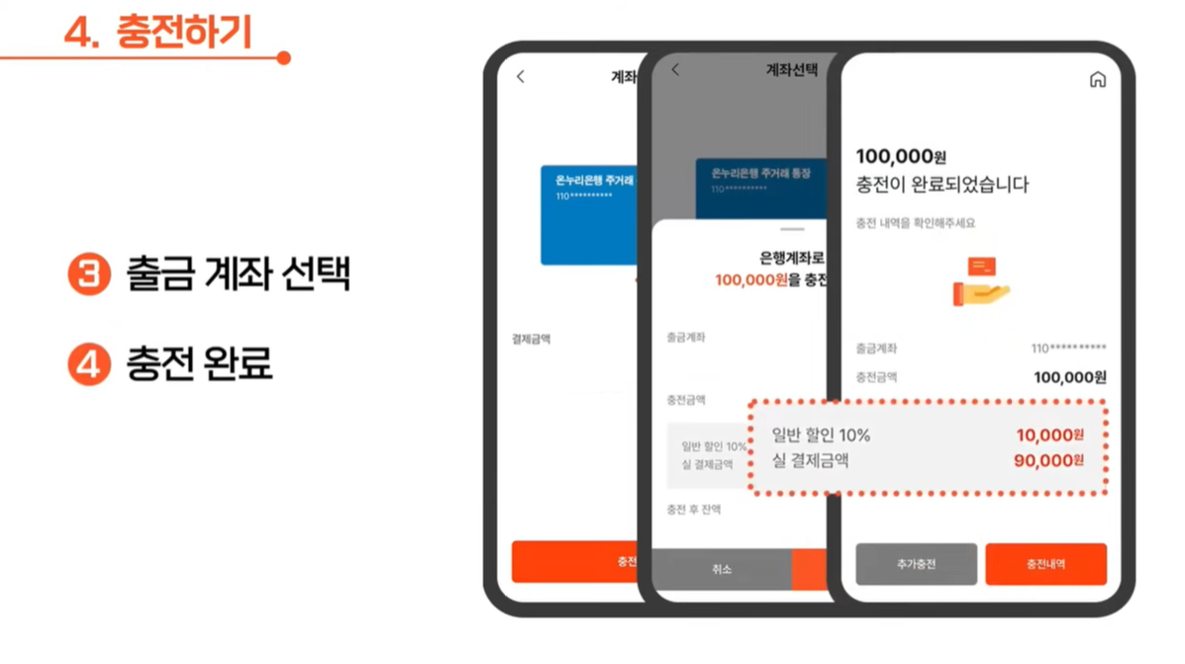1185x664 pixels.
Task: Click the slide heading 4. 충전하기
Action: pos(158,32)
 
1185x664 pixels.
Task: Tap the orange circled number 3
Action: pos(89,274)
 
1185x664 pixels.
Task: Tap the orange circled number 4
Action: pos(89,365)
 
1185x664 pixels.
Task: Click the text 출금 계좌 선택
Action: pos(239,274)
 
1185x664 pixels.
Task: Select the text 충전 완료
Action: pos(199,365)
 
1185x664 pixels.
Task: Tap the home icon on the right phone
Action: pos(1097,80)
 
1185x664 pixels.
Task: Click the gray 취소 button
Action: pos(721,569)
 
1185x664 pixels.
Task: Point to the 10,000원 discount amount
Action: pos(1049,435)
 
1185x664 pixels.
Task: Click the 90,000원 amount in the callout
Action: pos(1048,460)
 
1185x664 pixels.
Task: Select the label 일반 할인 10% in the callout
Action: pos(821,435)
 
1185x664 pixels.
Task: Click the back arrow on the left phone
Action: pos(521,76)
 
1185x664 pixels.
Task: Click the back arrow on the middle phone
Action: pos(676,70)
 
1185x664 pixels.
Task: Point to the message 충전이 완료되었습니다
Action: pos(941,185)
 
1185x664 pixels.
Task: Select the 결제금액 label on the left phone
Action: pos(531,339)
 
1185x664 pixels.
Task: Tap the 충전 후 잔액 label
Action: pos(693,510)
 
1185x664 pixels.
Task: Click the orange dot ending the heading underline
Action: pos(284,58)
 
